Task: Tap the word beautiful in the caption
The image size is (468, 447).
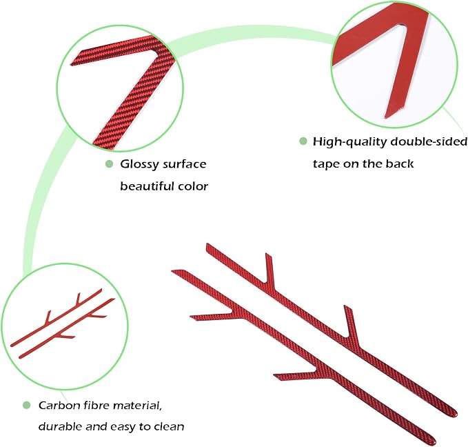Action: pyautogui.click(x=147, y=186)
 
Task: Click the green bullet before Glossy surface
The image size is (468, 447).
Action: pyautogui.click(x=109, y=163)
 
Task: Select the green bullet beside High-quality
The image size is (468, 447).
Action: pyautogui.click(x=303, y=141)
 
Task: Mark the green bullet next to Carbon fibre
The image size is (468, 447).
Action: pyautogui.click(x=27, y=405)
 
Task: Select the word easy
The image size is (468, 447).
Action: pyautogui.click(x=123, y=427)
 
